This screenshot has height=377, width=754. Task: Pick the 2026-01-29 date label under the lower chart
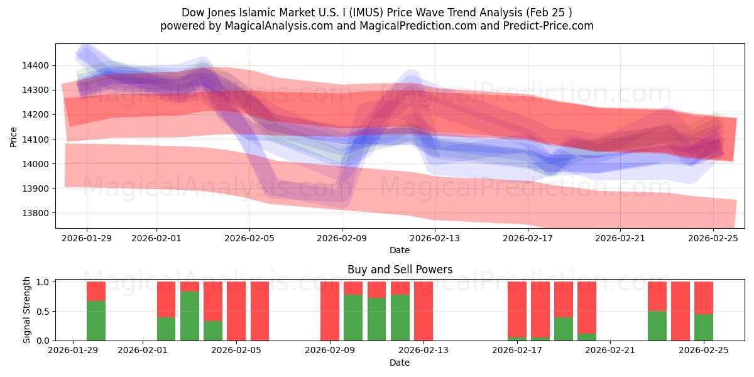point(74,351)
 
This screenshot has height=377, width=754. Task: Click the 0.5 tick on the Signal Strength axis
point(43,312)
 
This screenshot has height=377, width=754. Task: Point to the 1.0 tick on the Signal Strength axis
point(43,282)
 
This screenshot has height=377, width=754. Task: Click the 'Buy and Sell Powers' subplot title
point(400,270)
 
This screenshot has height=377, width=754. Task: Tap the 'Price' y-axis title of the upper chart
point(14,136)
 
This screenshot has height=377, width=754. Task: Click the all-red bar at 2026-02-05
point(236,311)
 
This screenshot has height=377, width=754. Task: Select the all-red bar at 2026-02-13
point(423,311)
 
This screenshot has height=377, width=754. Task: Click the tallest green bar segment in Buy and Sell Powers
point(190,316)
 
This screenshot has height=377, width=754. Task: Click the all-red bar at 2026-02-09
point(330,311)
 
